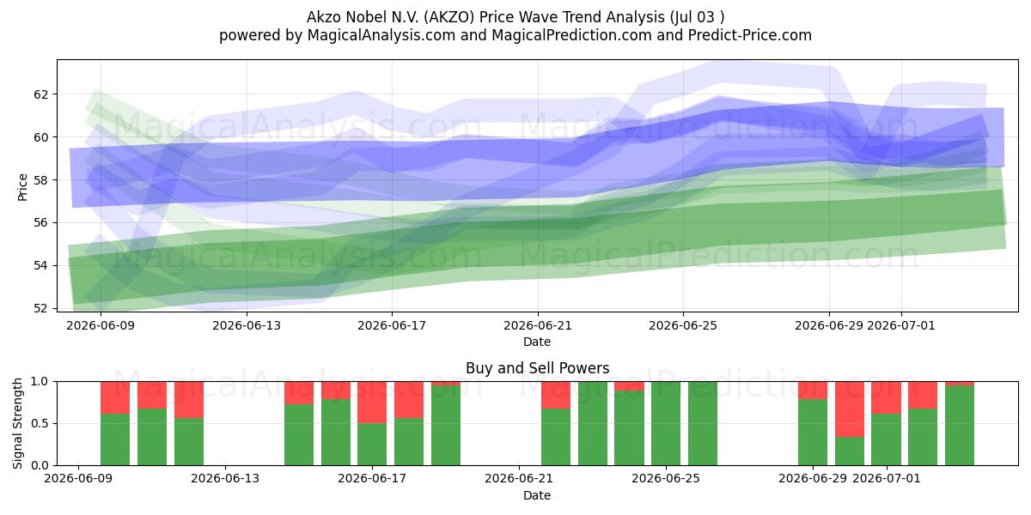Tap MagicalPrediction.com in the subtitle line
pos(571,35)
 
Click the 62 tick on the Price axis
pos(40,94)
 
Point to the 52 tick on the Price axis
pos(40,308)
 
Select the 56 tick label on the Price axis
pos(40,222)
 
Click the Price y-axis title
pos(22,187)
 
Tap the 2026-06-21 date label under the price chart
pos(538,325)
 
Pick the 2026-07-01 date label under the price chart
pos(901,325)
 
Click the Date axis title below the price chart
pos(537,342)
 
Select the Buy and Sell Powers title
pos(537,368)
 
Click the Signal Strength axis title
pos(17,423)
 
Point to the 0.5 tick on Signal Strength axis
pos(40,423)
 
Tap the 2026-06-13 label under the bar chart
pos(225,479)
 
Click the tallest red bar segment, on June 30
pos(850,409)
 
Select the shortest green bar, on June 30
pos(850,451)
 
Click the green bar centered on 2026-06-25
pos(666,423)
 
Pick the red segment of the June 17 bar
pos(372,403)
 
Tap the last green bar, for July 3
pos(960,426)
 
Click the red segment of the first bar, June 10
pos(115,397)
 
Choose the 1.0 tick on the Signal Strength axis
pos(40,382)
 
